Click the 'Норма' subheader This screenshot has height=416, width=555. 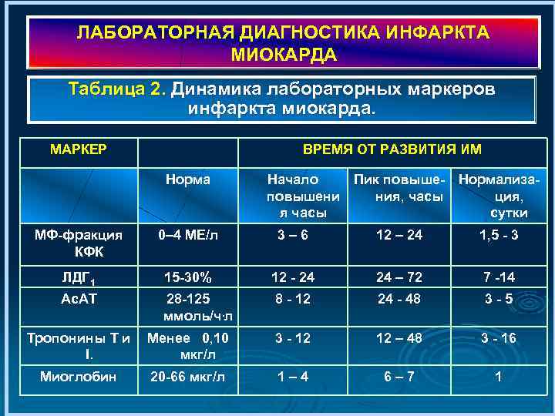coord(189,179)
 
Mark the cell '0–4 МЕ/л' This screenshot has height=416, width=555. coord(188,235)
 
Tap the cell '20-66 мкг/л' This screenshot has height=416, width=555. coord(188,377)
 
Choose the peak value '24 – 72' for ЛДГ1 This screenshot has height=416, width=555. coord(399,276)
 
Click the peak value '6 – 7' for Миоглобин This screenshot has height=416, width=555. coord(399,377)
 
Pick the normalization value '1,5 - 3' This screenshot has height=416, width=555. coord(498,235)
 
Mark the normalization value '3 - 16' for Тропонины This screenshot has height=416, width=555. coord(498,338)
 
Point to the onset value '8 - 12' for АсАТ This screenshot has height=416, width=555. coord(292,298)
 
